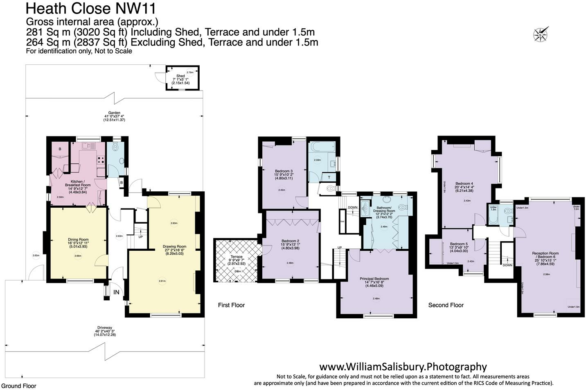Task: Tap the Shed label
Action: (180, 76)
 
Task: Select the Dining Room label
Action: (78, 240)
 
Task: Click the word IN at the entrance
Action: (116, 292)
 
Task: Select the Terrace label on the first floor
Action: (237, 257)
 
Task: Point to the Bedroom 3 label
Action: (284, 171)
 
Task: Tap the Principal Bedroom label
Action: (374, 279)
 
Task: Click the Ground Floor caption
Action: (18, 385)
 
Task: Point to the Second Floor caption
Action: (446, 305)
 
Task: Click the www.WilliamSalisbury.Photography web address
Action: (403, 367)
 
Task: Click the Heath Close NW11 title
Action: (90, 8)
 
